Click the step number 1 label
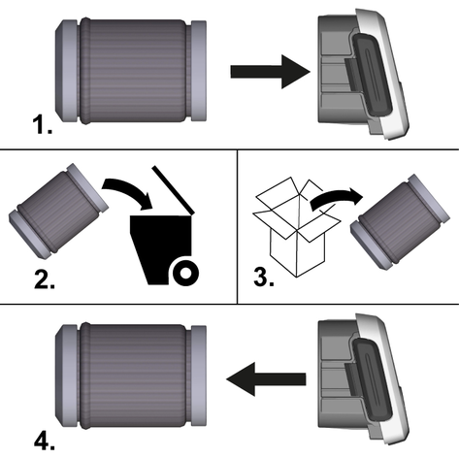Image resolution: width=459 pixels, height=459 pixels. coord(43,125)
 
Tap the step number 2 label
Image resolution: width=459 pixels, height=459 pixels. coord(45,279)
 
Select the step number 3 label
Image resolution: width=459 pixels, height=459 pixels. coord(264,278)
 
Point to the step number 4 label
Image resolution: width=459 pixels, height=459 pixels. coord(45,442)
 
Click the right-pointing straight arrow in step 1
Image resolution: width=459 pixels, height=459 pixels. coord(270,72)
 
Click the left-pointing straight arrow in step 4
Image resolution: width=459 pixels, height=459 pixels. coord(266,379)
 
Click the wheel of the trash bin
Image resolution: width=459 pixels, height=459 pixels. coord(185,273)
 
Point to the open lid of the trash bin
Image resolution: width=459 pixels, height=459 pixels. coord(173,190)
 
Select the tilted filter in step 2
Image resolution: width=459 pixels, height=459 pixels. coord(58,212)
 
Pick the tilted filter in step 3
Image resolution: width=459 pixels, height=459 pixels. coord(401,221)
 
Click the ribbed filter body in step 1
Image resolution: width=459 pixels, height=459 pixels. coord(134,71)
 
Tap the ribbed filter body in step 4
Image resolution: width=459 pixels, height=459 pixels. coord(134,376)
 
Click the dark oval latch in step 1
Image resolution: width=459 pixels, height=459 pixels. coord(372,74)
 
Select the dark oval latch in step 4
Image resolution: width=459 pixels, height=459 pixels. coord(372,379)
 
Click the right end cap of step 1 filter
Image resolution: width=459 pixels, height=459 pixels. coord(199,71)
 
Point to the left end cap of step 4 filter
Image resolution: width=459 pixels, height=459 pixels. coord(67,376)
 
